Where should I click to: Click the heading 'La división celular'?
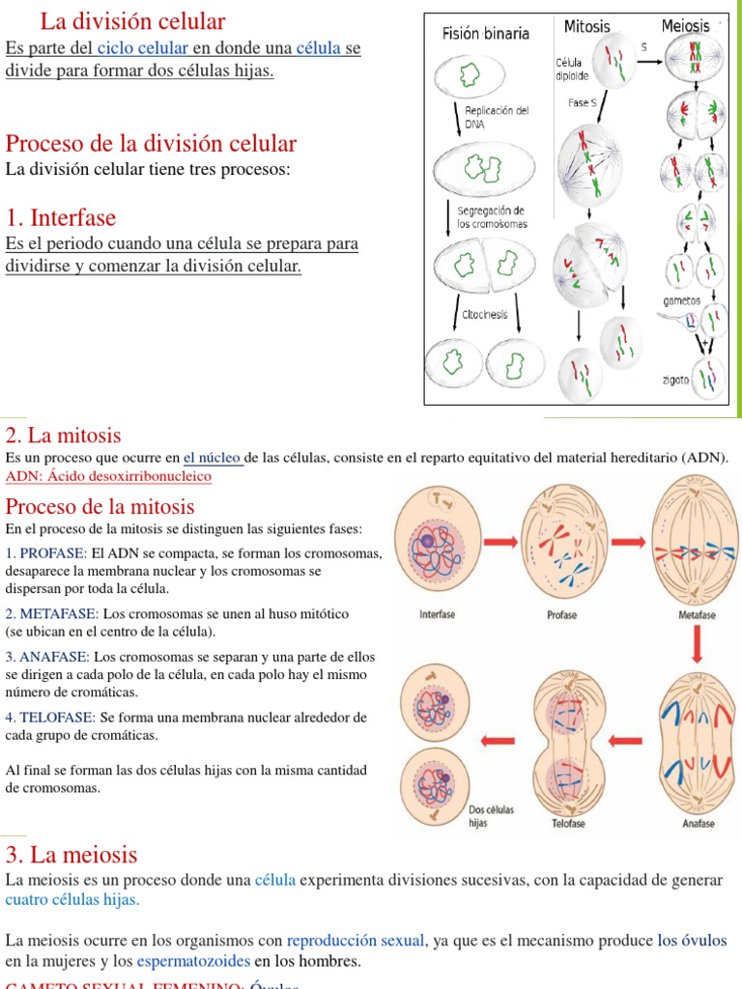coord(132,21)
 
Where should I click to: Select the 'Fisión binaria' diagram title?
coord(485,34)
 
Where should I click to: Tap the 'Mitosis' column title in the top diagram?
coord(586,26)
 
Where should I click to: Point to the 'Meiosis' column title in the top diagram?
coord(685,26)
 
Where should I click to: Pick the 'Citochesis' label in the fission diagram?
coord(484,314)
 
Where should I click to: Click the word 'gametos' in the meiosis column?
coord(681,300)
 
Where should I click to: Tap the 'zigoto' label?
coord(675,380)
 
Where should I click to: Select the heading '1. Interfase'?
coord(60,217)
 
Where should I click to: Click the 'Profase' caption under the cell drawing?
coord(561,615)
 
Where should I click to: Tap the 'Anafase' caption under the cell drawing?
coord(698,824)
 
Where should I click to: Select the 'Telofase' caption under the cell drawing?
coord(568,824)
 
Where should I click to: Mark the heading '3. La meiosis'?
coord(71,855)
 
